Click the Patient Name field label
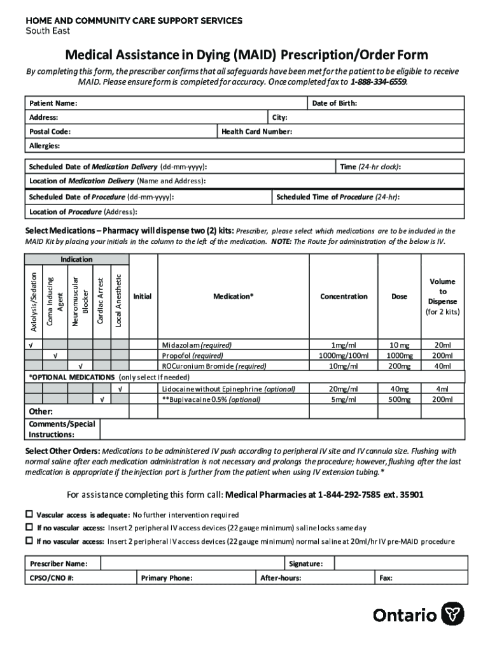point(53,103)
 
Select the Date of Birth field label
point(334,103)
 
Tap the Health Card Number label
point(256,132)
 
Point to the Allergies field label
point(45,146)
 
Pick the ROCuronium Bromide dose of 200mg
point(400,366)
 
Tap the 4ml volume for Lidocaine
point(442,388)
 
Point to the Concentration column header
point(344,297)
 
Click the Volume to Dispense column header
point(442,297)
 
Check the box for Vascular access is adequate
point(29,514)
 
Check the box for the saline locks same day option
point(29,527)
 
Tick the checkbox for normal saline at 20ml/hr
point(29,541)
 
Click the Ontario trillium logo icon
point(453,614)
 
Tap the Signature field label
point(305,563)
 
